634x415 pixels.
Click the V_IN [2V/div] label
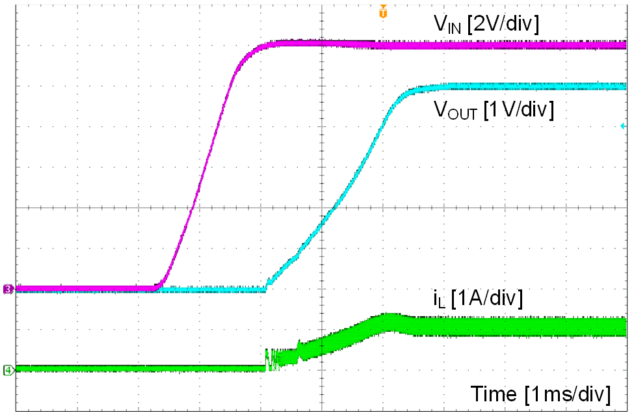coord(486,24)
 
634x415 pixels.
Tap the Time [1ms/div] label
coord(540,394)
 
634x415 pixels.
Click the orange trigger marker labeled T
coord(383,12)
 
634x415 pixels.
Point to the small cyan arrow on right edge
coord(622,126)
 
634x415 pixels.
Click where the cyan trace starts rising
coord(267,288)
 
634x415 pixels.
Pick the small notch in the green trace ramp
coord(298,347)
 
